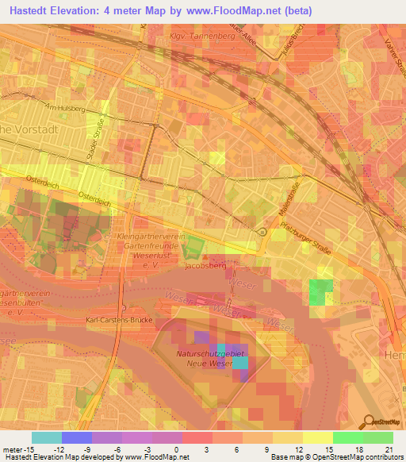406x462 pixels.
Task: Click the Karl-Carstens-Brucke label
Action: point(118,320)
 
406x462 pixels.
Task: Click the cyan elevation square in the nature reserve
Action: point(239,363)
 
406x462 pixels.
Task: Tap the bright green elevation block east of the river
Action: point(320,292)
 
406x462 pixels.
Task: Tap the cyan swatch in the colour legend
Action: point(46,437)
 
